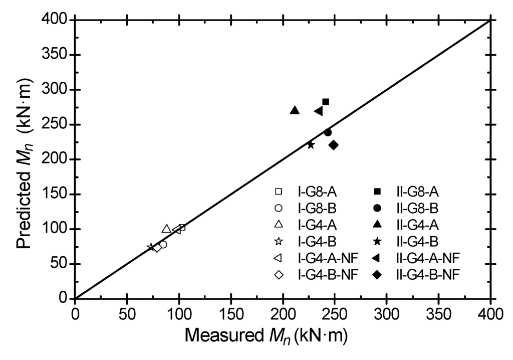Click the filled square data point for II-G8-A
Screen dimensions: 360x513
[x=326, y=102]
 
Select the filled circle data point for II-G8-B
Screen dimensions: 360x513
[x=328, y=132]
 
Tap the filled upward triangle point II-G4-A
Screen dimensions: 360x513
[x=295, y=110]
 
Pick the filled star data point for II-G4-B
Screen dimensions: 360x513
[x=311, y=145]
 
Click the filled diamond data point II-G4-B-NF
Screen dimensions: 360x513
[x=334, y=145]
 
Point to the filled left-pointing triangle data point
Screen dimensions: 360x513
[x=319, y=111]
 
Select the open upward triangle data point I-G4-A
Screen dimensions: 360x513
[x=166, y=229]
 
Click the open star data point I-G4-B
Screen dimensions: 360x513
[x=151, y=247]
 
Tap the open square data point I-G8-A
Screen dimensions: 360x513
[x=182, y=227]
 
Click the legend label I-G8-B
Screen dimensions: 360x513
[x=311, y=208]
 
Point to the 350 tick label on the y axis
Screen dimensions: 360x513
[x=55, y=55]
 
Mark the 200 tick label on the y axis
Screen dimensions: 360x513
[x=55, y=159]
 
